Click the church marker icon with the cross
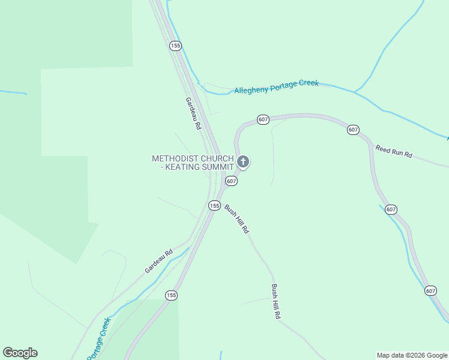[x=243, y=161]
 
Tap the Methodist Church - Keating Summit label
[x=192, y=163]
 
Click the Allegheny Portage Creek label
[x=276, y=87]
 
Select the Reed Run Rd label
[x=394, y=151]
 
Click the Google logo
[x=20, y=353]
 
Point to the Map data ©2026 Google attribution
[x=412, y=355]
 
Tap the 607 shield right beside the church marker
[x=232, y=181]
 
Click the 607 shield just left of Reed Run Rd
[x=353, y=130]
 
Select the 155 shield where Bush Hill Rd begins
[x=214, y=205]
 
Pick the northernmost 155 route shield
[x=175, y=46]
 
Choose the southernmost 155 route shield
[x=172, y=295]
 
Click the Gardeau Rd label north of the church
[x=193, y=114]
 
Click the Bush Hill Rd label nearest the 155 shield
[x=237, y=219]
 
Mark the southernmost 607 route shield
[x=430, y=290]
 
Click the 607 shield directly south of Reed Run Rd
[x=391, y=209]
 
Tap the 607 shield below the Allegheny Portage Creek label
[x=263, y=119]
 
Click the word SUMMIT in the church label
[x=217, y=167]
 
